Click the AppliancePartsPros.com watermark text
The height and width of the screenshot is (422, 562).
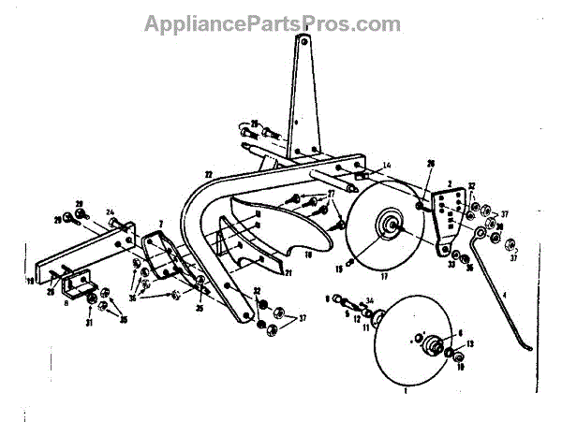coord(272,23)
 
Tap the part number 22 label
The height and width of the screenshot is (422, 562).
coord(208,174)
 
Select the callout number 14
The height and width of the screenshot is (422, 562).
coord(387,165)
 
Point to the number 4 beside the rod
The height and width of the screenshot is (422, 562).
coord(505,294)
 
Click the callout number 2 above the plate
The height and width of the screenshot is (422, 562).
coord(451,186)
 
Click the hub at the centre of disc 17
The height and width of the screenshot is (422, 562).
coord(387,226)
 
